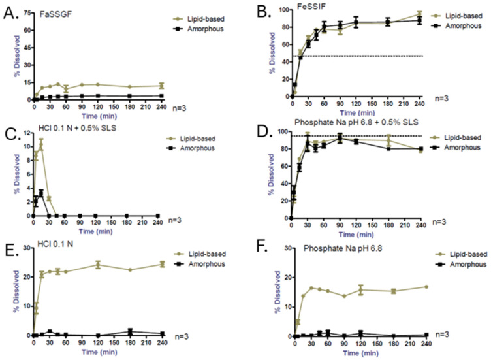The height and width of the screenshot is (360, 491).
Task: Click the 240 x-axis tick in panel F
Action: tap(417, 344)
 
